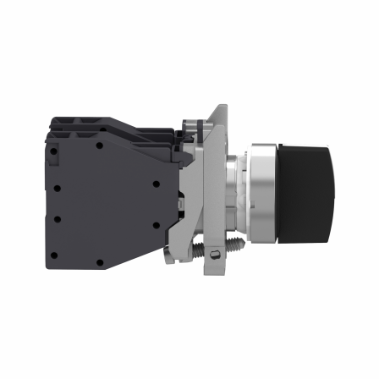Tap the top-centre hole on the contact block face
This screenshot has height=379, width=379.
point(99,145)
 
